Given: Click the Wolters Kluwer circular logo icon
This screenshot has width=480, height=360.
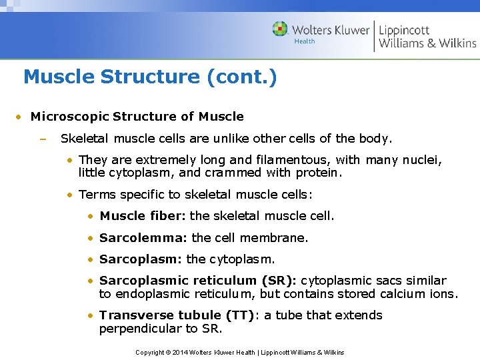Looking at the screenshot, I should [280, 29].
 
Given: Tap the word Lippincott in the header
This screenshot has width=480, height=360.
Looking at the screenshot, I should [404, 29].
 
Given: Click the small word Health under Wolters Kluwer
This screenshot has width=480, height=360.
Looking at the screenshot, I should [305, 41].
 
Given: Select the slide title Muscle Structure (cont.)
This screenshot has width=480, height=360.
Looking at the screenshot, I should [150, 77].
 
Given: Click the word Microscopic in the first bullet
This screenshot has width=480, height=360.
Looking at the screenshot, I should [69, 117].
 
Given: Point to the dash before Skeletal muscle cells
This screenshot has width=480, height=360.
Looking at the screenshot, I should [41, 139].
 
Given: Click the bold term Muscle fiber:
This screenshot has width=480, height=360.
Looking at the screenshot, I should [143, 216].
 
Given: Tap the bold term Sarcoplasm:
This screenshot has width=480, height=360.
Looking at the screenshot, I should [141, 259].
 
